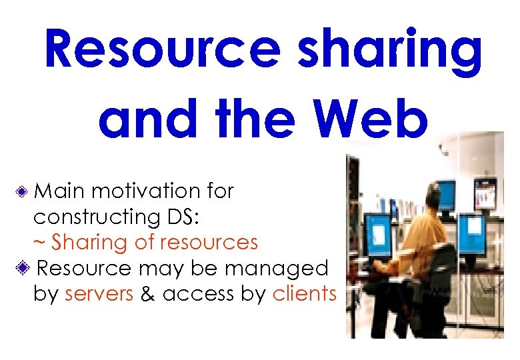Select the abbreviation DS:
[180, 217]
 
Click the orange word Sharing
[90, 242]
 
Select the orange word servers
[99, 293]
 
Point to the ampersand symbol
[148, 293]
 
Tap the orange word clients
[305, 293]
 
